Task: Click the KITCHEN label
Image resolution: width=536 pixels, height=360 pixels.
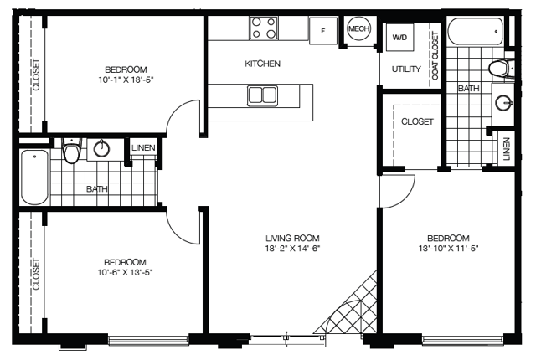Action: pos(262,64)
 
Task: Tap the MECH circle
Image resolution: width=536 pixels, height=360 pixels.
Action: pos(358,28)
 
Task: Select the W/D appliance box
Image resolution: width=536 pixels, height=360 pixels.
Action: pos(399,37)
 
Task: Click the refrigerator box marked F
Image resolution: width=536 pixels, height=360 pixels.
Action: pos(323,31)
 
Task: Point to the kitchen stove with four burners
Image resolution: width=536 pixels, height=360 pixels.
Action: pos(263,28)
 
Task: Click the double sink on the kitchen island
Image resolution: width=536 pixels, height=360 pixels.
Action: pos(262,95)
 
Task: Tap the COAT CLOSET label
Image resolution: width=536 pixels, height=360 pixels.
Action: pos(435,55)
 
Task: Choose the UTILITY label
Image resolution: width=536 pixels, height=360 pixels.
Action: pos(406,69)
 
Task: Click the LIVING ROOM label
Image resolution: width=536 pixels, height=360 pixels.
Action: pos(293,238)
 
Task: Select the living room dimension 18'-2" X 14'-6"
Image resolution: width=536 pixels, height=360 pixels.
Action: pos(293,249)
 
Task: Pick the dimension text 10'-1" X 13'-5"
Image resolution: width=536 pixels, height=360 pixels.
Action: pos(126,80)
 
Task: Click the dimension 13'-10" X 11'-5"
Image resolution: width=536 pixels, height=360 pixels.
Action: pos(448,249)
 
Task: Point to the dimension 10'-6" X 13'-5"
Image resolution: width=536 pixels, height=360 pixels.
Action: pos(125,272)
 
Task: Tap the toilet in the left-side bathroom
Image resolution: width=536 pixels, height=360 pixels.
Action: pos(72,151)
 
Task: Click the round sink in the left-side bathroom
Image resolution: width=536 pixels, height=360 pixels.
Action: pos(102,148)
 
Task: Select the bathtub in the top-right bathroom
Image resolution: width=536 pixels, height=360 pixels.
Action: pos(476,32)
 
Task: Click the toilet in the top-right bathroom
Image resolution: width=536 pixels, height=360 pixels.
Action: pos(502,69)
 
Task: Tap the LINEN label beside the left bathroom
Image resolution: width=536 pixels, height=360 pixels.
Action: pos(143,148)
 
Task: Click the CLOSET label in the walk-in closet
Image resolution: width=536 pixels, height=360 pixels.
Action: pos(417,121)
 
